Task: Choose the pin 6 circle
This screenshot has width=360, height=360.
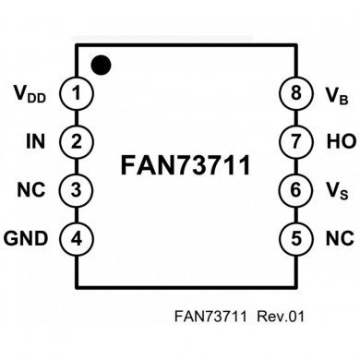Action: (295, 190)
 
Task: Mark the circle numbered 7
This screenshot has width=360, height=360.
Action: (295, 141)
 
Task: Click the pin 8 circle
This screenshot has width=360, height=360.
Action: (295, 92)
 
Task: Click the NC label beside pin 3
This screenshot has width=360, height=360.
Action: (32, 190)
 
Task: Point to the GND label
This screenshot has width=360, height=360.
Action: (27, 239)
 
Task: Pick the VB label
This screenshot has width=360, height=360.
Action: (334, 93)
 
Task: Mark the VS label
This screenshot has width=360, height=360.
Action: (334, 191)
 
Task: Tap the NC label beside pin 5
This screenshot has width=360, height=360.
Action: (337, 239)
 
